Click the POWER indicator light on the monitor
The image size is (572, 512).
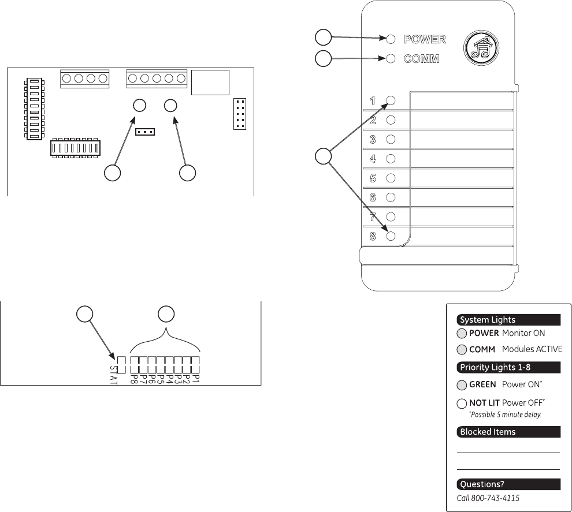tap(391, 39)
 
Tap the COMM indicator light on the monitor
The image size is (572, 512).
tap(391, 58)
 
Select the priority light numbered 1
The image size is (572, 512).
tap(391, 100)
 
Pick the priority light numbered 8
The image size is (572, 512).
tap(391, 236)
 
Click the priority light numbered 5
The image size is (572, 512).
tap(391, 178)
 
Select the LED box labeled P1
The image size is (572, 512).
tap(195, 364)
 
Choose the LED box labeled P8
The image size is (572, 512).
tap(135, 364)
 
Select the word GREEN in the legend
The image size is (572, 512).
tap(482, 384)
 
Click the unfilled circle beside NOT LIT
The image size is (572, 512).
tap(462, 403)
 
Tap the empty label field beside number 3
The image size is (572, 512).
tap(462, 139)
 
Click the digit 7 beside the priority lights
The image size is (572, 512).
tap(373, 217)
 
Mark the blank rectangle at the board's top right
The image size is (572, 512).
tap(211, 83)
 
